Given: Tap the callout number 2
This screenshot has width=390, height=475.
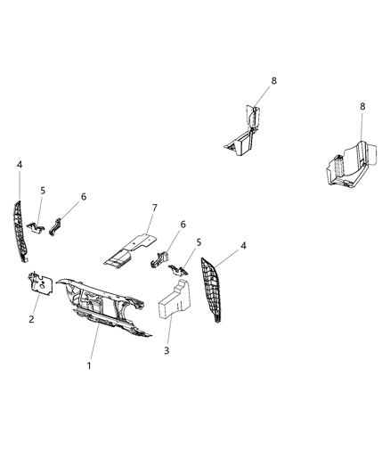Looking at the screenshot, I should click(32, 317).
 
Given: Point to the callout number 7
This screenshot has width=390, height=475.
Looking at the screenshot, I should click(154, 209).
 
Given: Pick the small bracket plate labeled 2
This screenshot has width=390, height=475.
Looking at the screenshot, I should click(39, 283).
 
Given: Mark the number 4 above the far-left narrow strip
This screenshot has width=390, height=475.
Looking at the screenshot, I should click(20, 164).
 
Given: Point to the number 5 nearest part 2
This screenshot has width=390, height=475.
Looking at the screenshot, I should click(41, 190).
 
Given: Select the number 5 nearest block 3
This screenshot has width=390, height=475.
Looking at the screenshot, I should click(198, 242).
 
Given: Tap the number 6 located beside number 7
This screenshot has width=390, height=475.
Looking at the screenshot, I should click(183, 224).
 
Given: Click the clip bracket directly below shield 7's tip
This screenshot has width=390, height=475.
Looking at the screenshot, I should click(160, 260).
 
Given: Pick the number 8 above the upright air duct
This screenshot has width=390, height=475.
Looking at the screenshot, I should click(274, 80).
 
